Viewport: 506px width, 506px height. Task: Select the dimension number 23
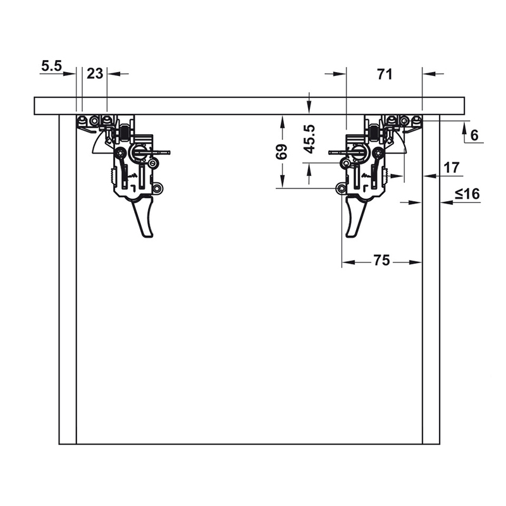[95, 73]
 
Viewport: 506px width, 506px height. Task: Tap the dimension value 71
[384, 74]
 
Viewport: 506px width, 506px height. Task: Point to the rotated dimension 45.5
[309, 139]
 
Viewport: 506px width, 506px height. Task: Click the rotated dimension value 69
[283, 152]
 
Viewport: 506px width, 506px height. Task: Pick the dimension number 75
[381, 260]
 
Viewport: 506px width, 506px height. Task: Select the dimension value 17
[452, 168]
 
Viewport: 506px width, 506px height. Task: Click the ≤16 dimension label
[467, 194]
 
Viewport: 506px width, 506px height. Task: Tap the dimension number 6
[474, 134]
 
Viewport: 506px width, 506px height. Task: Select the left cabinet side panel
[67, 278]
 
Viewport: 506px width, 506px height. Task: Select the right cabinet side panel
[431, 278]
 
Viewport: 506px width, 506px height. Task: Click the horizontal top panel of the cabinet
[249, 106]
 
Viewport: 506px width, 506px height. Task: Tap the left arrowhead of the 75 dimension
[346, 261]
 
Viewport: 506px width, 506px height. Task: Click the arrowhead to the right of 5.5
[73, 73]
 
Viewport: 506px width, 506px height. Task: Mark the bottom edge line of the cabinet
[249, 444]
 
